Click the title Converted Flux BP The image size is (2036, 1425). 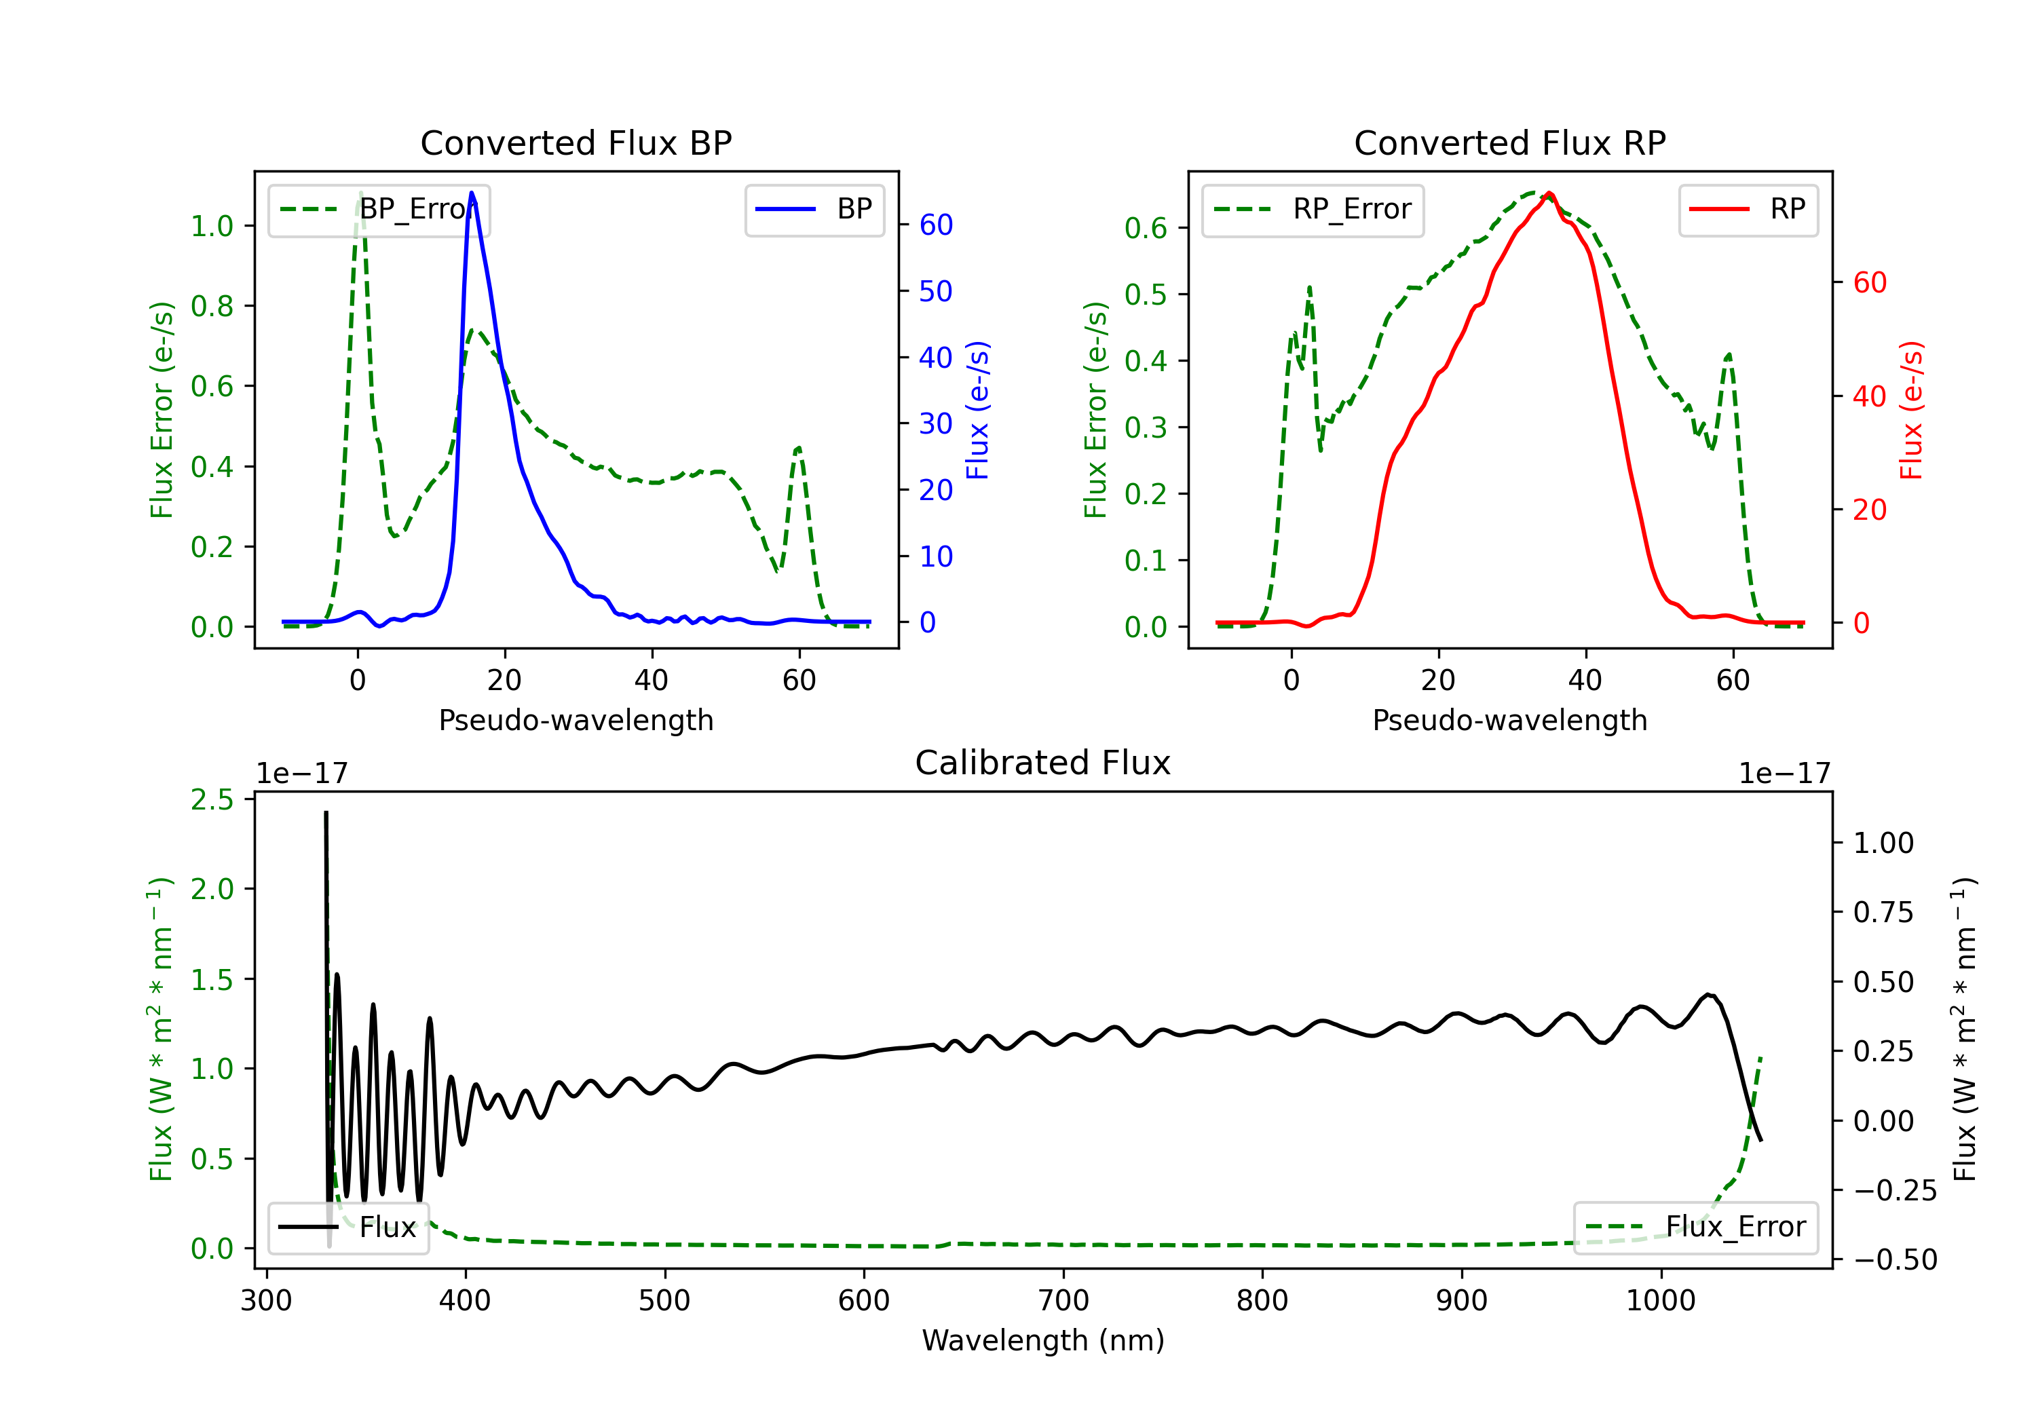576,142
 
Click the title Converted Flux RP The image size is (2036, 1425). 1509,142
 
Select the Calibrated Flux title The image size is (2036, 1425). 1043,763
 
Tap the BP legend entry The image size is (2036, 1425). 814,209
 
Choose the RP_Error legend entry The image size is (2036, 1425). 1313,209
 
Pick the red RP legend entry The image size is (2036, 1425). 1748,209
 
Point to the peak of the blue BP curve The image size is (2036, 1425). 471,193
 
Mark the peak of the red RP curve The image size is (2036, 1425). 1548,193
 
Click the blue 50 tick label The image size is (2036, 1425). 935,291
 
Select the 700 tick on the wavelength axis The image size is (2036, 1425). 1063,1300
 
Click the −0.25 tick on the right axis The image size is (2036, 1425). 1894,1190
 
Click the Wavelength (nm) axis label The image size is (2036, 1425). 1043,1340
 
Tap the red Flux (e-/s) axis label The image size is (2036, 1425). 1911,410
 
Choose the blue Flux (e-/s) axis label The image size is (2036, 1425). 977,410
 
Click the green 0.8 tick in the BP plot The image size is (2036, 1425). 212,306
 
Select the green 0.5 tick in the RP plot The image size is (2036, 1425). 1146,294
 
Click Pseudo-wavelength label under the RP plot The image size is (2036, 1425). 1509,720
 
